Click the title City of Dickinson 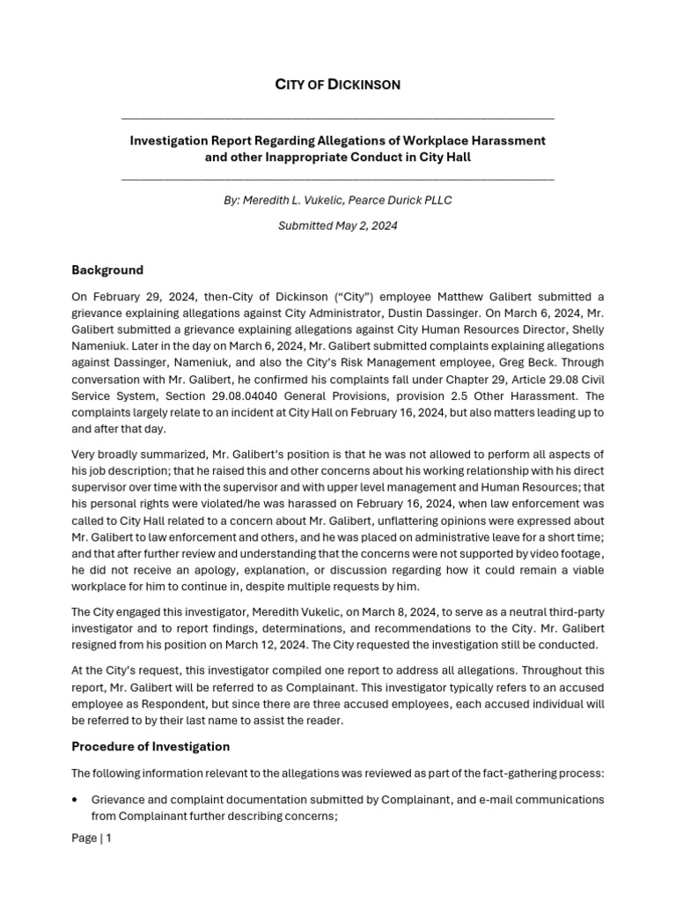pyautogui.click(x=338, y=85)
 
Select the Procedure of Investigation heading pyautogui.click(x=151, y=746)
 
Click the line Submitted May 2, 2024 pyautogui.click(x=338, y=225)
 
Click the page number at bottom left pyautogui.click(x=92, y=838)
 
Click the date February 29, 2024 pyautogui.click(x=132, y=297)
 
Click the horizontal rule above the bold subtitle pyautogui.click(x=338, y=118)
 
